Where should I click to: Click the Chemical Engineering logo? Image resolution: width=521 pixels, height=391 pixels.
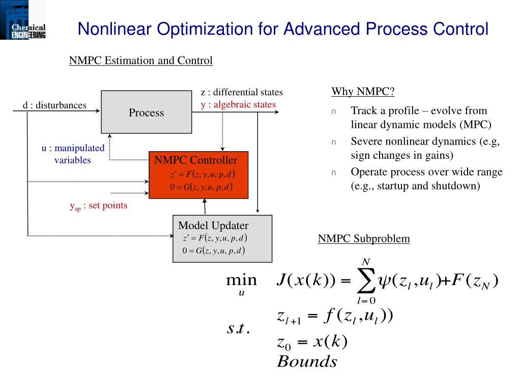tap(23, 20)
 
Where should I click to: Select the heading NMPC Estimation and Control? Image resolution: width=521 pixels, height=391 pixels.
tap(141, 61)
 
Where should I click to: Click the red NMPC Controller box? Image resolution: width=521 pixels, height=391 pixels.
tap(198, 175)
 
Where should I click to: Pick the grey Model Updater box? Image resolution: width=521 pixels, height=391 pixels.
tap(222, 238)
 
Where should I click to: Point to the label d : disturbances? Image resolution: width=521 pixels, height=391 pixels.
tap(54, 105)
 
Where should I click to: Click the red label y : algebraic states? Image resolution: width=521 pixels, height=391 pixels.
tap(238, 104)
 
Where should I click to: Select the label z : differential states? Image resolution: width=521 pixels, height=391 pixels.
tap(242, 92)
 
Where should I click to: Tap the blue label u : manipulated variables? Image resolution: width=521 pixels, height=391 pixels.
tap(73, 154)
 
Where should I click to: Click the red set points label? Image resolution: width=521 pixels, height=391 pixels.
tap(99, 206)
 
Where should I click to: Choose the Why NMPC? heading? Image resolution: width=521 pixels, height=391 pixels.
tap(363, 92)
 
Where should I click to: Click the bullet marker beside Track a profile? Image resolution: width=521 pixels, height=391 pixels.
tap(334, 111)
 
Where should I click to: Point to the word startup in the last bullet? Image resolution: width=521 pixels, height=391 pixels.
tap(391, 185)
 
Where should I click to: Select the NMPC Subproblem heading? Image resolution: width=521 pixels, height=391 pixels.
tap(364, 238)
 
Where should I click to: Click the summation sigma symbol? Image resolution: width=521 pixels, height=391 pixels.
tap(365, 280)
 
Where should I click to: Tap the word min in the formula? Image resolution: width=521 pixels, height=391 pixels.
tap(241, 280)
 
